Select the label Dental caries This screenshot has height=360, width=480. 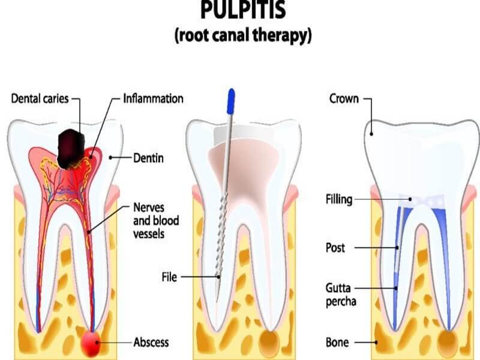click(x=40, y=98)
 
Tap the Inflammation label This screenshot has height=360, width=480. click(x=153, y=98)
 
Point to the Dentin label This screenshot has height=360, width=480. click(x=148, y=158)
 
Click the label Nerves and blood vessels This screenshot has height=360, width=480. click(x=155, y=220)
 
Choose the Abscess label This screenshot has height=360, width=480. click(x=151, y=343)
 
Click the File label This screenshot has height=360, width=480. click(x=170, y=277)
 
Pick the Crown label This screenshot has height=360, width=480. click(x=343, y=98)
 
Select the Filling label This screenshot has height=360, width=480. click(x=338, y=199)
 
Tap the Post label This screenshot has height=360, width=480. click(x=335, y=247)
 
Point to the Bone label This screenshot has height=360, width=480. click(x=337, y=343)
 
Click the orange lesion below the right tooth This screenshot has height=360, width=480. click(x=448, y=343)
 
